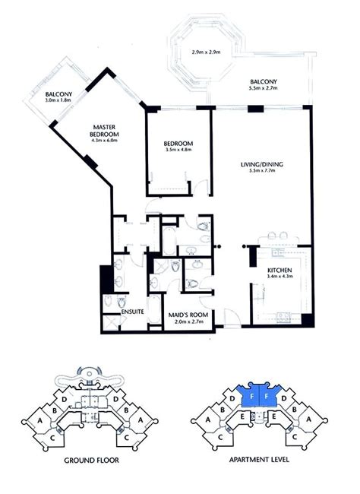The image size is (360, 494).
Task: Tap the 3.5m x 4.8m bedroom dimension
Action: [178, 150]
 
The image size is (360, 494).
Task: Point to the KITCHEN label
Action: [279, 271]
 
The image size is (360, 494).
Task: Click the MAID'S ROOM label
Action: [188, 315]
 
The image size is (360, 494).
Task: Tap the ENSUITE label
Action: [133, 312]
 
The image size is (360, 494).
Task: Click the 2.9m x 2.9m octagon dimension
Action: [206, 52]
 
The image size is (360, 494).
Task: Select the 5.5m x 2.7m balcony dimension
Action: [263, 88]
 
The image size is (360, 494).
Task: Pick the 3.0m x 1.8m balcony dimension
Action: [58, 100]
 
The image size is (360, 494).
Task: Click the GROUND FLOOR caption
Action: [91, 461]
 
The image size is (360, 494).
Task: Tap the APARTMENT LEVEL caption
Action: [259, 459]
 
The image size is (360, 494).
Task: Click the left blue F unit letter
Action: [251, 397]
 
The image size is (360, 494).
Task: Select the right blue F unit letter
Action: [267, 397]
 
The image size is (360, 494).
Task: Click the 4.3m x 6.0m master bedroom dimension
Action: [104, 140]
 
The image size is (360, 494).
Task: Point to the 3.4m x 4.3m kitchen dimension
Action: [279, 277]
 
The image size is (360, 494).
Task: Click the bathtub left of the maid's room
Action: [154, 309]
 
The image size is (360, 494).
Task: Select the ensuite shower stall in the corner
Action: [111, 322]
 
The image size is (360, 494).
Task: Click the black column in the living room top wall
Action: [255, 109]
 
